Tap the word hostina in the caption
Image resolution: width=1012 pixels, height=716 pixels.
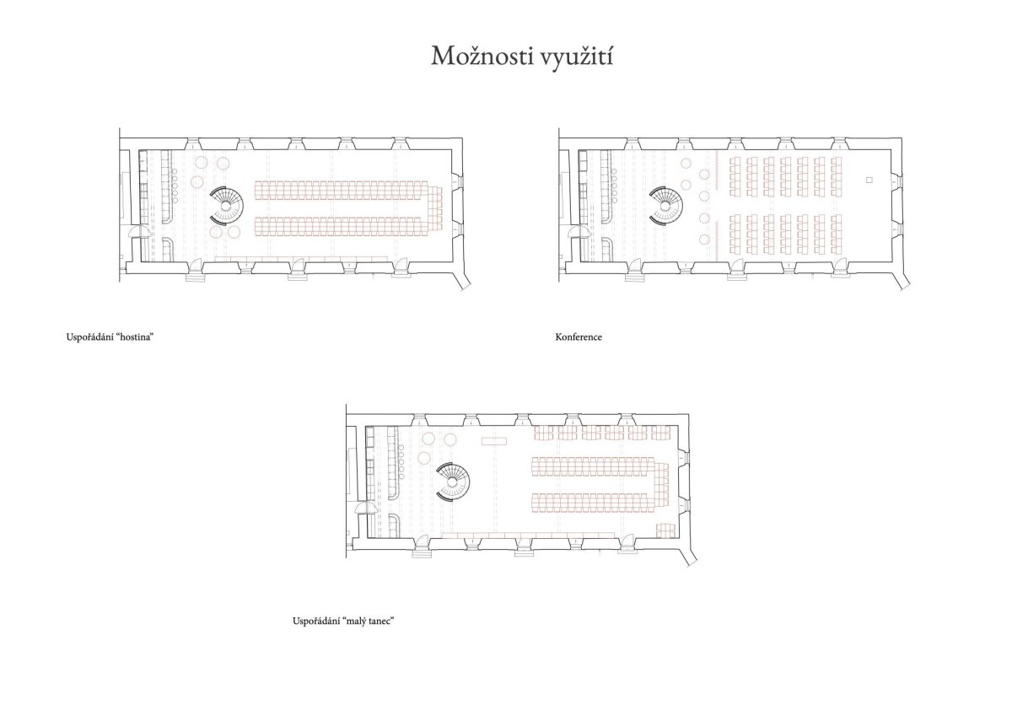click(137, 337)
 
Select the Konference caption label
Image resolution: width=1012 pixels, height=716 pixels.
click(579, 337)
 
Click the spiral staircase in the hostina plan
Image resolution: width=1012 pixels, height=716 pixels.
click(226, 206)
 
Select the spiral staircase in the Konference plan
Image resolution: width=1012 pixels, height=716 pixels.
click(666, 206)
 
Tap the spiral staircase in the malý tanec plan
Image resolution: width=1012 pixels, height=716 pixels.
click(453, 482)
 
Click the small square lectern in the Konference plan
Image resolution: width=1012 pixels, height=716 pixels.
click(869, 180)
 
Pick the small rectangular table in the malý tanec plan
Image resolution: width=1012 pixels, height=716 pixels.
click(494, 441)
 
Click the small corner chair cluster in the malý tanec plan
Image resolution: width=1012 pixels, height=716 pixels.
click(665, 530)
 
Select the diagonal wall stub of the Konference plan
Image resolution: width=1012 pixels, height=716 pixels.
click(902, 276)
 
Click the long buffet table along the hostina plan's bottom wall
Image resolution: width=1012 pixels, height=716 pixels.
click(301, 259)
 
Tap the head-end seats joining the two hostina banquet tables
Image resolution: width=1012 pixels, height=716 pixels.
click(435, 208)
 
